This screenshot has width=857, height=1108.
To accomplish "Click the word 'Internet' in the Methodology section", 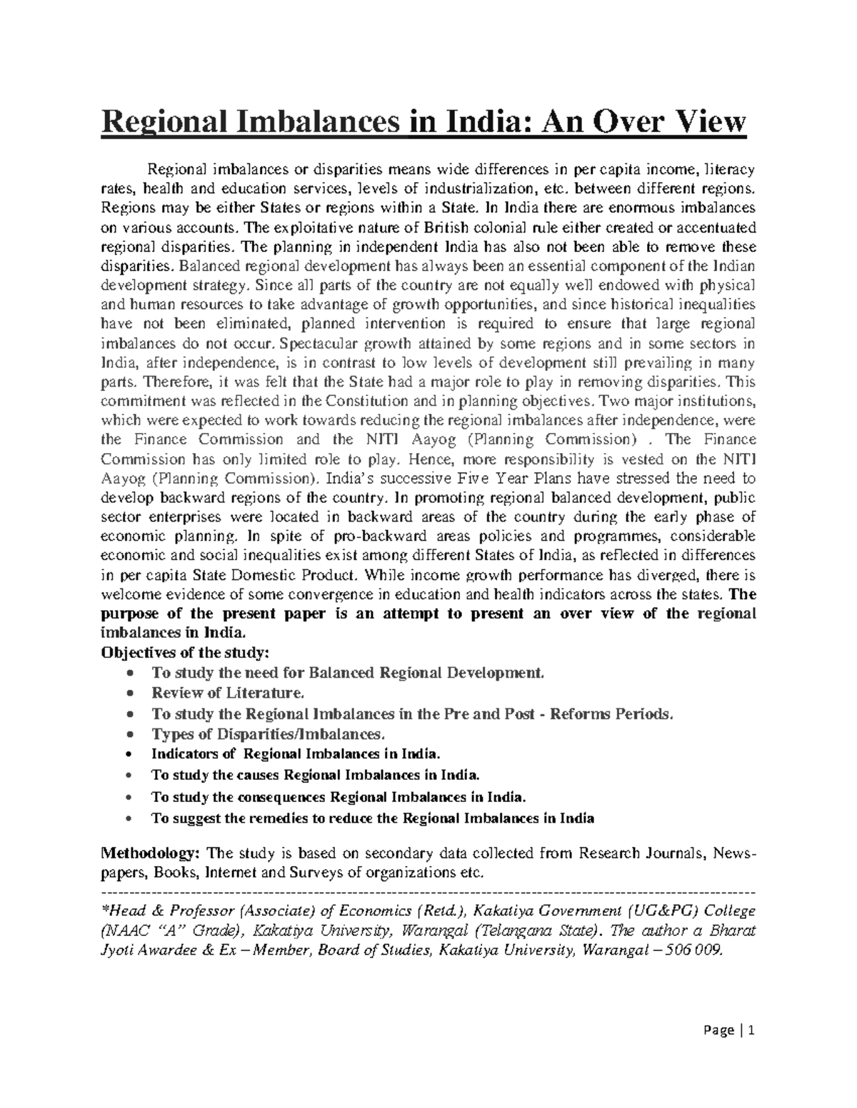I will (x=231, y=873).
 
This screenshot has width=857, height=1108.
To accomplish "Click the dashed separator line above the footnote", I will (x=428, y=892).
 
